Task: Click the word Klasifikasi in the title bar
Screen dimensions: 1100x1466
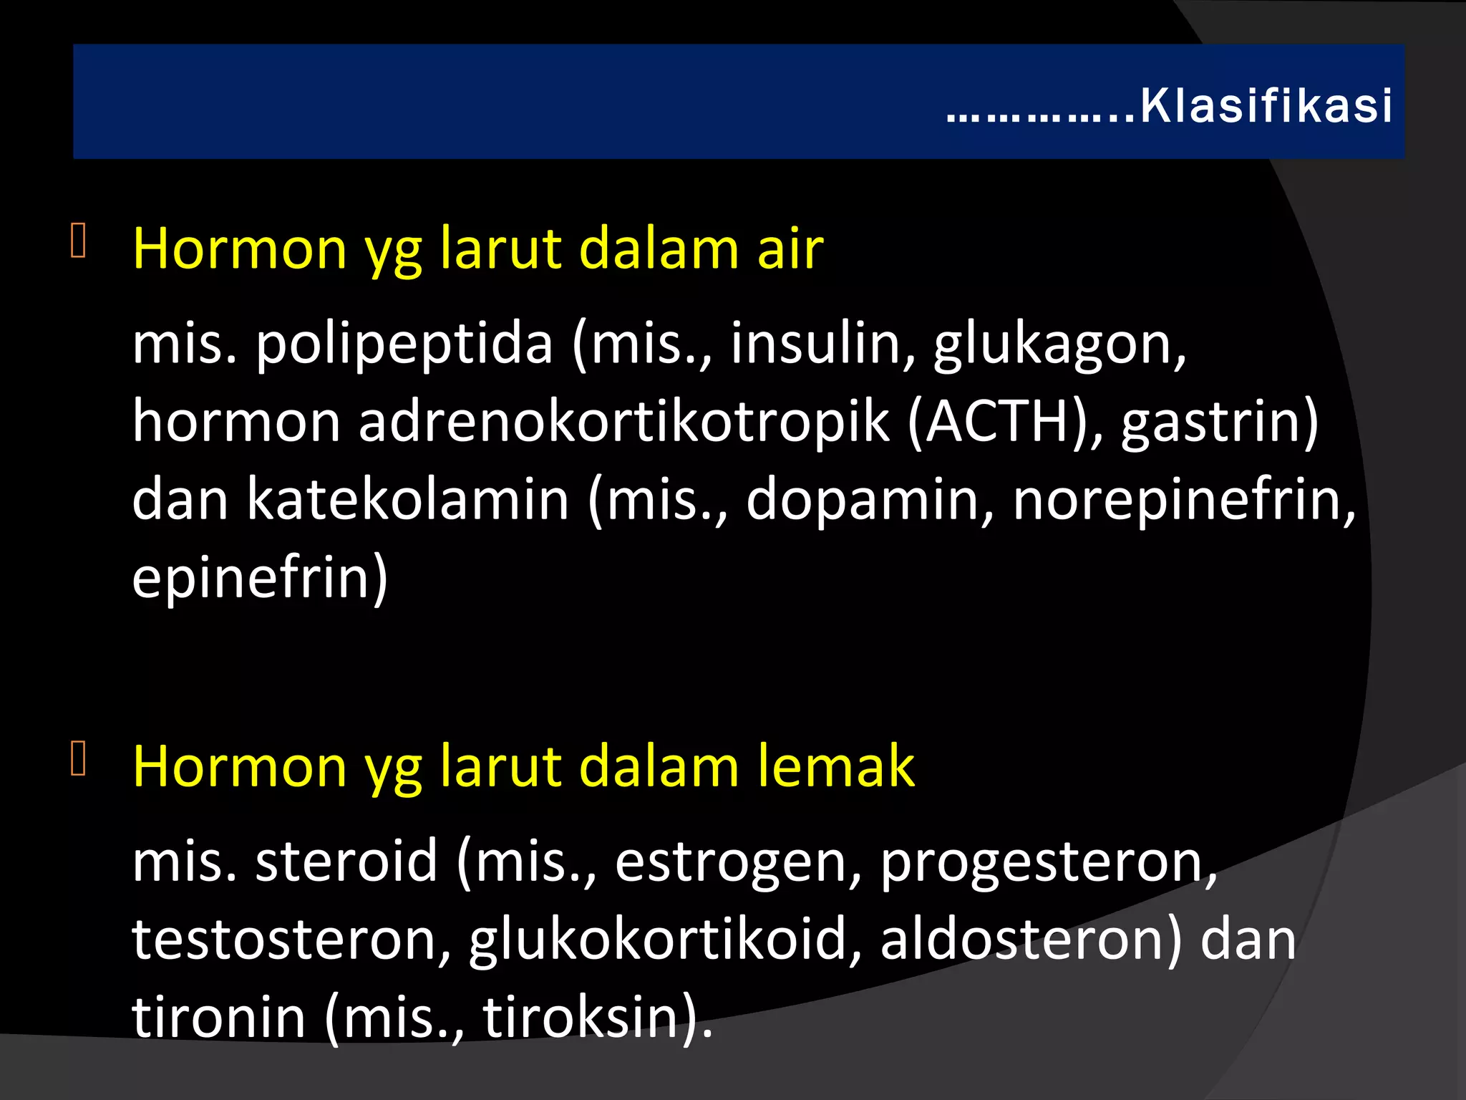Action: pos(1265,107)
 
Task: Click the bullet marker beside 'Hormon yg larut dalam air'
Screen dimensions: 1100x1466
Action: pos(79,241)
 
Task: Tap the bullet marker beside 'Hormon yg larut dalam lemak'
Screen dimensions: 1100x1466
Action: pos(79,758)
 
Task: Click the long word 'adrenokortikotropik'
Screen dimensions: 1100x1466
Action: pos(623,422)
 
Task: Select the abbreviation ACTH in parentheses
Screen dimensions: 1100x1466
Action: pos(999,422)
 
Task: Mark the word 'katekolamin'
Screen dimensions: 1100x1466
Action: pos(408,499)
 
